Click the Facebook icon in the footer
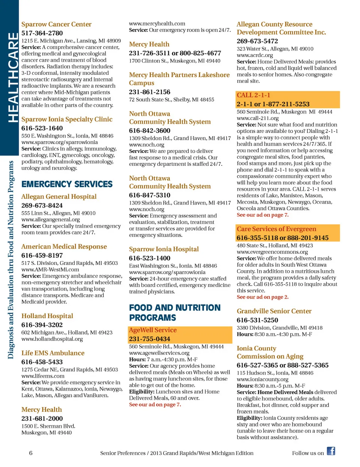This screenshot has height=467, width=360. [331, 451]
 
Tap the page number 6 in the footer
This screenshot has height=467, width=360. [31, 453]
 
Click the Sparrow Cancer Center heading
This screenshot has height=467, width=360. [56, 24]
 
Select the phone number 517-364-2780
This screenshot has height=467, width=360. [42, 33]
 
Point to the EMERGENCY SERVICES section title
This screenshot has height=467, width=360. [67, 184]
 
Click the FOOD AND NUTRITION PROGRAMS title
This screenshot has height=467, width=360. [175, 313]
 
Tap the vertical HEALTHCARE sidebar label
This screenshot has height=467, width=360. [12, 77]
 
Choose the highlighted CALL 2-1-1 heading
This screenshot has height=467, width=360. [253, 95]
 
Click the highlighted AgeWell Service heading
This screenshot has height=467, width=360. [153, 330]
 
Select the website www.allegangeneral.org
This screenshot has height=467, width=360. [51, 220]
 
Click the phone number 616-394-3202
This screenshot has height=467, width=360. [42, 325]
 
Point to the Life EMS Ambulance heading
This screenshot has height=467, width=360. [53, 353]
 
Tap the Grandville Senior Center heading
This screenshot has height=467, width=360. [274, 311]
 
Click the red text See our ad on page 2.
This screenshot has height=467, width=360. [262, 297]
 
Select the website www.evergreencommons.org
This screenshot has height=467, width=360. [267, 252]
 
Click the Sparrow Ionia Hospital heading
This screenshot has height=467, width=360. [164, 249]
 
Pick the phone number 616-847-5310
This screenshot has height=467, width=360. [150, 195]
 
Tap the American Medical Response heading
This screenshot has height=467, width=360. [64, 247]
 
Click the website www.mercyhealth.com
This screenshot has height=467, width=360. [157, 24]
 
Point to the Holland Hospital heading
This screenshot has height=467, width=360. [47, 316]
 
